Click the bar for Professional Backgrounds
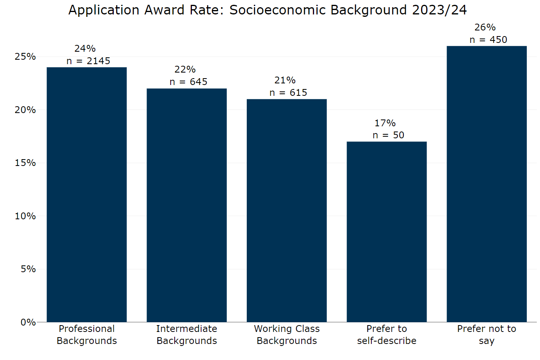[x=87, y=194]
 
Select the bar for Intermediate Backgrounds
[x=187, y=205]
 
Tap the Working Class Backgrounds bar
[x=286, y=210]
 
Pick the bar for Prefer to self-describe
[x=387, y=232]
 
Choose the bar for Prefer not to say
[x=486, y=184]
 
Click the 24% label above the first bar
[x=85, y=49]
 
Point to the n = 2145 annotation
[x=88, y=61]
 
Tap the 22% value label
[x=185, y=69]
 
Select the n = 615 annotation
[x=288, y=93]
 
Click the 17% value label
[x=385, y=123]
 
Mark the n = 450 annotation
[x=488, y=40]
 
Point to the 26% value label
[x=485, y=27]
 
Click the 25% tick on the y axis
[x=25, y=57]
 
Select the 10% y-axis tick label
[x=25, y=216]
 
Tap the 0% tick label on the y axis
[x=28, y=322]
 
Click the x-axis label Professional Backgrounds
[x=87, y=335]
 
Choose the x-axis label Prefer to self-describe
[x=387, y=335]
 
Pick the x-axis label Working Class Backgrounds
[x=286, y=335]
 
